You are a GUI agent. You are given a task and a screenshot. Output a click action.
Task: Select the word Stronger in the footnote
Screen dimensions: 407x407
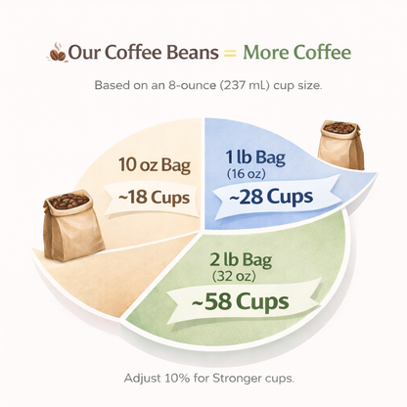point(245,377)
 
